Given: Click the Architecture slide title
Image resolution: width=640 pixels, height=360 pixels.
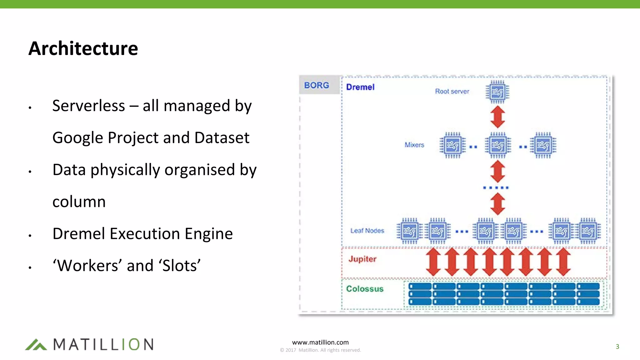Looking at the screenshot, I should click(83, 48).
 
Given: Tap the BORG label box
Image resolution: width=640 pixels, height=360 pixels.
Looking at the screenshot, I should click(317, 85).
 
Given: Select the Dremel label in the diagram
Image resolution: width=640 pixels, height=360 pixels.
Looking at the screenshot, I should click(360, 87).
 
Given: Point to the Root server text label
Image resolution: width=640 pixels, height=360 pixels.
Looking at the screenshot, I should click(452, 92).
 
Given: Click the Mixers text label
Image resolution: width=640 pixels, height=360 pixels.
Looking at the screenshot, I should click(414, 145).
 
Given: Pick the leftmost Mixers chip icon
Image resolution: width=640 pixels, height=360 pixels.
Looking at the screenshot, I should click(452, 145).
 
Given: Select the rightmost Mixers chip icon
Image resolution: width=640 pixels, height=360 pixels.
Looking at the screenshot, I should click(543, 145).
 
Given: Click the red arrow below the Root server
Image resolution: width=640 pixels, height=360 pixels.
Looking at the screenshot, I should click(497, 117).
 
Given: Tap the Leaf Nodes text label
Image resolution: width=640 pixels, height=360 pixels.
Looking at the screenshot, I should click(367, 231).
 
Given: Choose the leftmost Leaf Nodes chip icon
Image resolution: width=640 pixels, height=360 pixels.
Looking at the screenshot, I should click(409, 231).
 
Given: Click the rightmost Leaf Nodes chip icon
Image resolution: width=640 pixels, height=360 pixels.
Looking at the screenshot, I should click(588, 231).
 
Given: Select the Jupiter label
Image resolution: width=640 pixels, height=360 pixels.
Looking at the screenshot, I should click(362, 259).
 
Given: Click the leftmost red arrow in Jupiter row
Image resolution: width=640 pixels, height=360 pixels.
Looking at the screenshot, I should click(433, 262).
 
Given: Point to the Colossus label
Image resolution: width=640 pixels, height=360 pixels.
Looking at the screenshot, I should click(365, 289).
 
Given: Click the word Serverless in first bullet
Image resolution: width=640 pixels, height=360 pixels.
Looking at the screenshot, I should click(88, 106).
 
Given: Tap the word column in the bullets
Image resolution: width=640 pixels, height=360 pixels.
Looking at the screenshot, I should click(79, 202).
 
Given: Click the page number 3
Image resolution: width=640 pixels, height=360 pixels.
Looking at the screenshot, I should click(617, 347).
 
